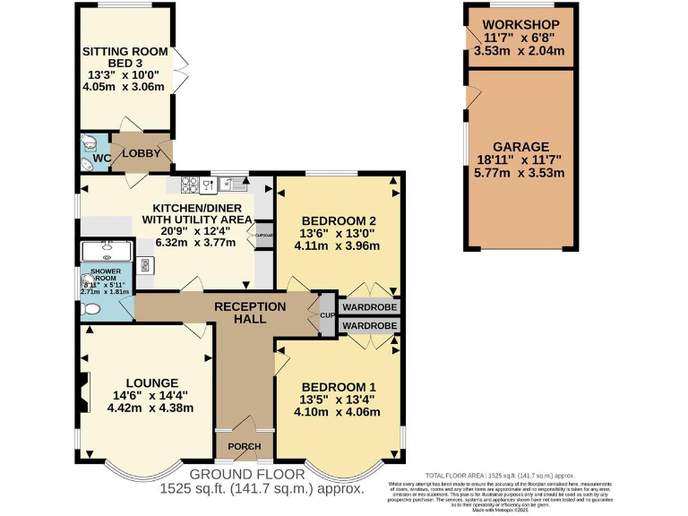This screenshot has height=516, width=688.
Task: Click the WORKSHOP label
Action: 520,24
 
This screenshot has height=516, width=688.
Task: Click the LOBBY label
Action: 141,153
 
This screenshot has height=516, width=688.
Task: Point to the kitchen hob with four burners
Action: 190,185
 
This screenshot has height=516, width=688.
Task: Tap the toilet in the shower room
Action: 90,309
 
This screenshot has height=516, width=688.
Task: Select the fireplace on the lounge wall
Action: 83,391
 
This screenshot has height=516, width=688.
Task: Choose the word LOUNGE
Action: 150,383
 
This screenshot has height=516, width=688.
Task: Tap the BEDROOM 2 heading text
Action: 338,221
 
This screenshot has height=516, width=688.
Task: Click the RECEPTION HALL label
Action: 250,313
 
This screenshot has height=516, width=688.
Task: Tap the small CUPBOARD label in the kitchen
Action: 263,236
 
